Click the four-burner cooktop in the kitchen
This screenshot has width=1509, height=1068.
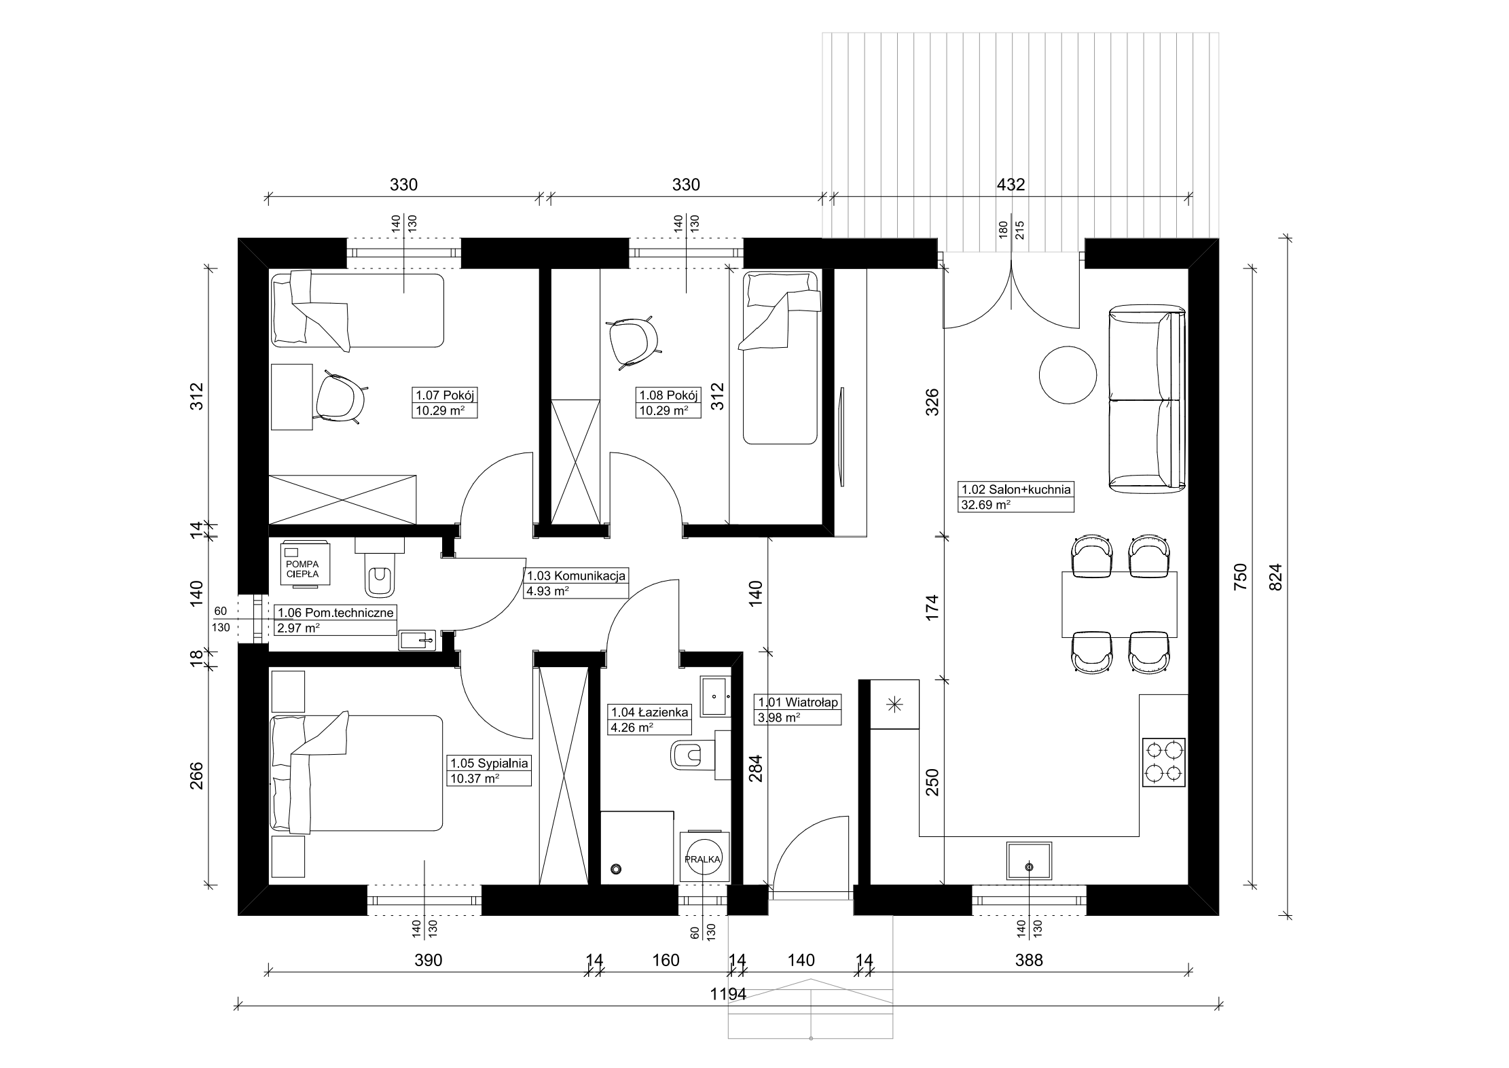click(x=1164, y=762)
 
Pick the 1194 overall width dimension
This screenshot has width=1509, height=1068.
click(x=728, y=994)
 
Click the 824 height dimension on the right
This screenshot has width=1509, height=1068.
click(x=1274, y=577)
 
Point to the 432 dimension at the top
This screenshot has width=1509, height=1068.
click(x=1011, y=185)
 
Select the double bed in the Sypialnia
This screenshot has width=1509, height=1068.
click(x=356, y=772)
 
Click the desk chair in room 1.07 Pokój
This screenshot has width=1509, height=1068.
click(x=342, y=401)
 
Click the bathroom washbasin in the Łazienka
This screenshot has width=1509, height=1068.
click(x=715, y=696)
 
